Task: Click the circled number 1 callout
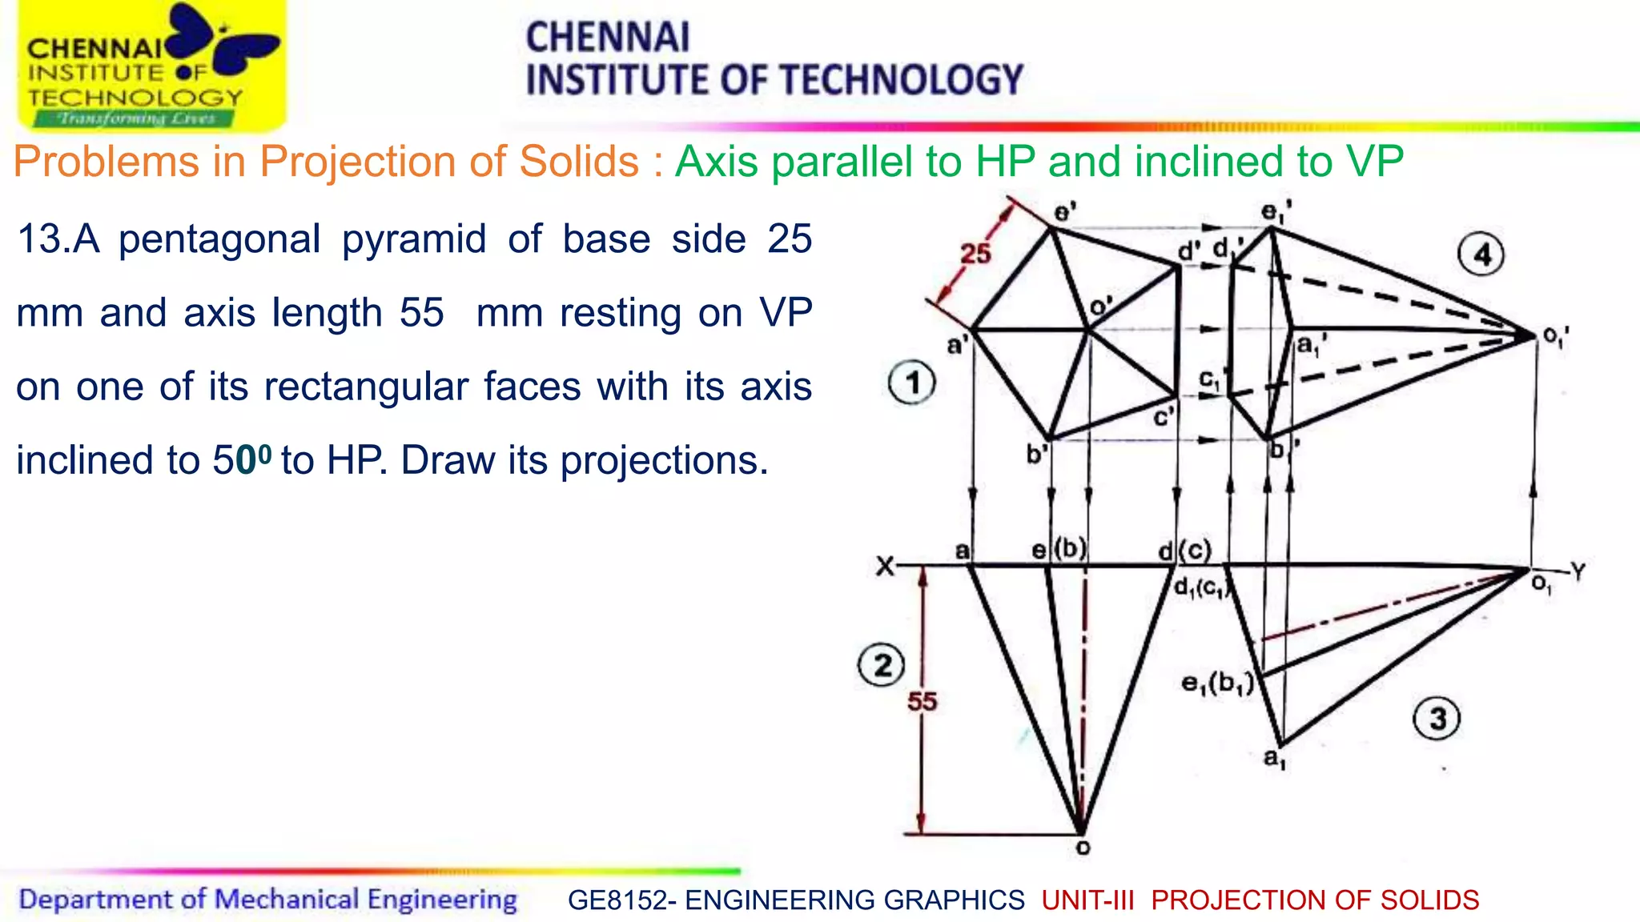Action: pyautogui.click(x=912, y=383)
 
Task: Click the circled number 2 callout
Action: pyautogui.click(x=882, y=665)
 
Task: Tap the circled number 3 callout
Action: pyautogui.click(x=1438, y=718)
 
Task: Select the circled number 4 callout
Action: pyautogui.click(x=1481, y=255)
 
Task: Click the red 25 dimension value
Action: pyautogui.click(x=975, y=254)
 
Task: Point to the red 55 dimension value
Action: pyautogui.click(x=922, y=702)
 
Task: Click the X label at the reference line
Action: pyautogui.click(x=884, y=567)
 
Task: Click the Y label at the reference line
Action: pyautogui.click(x=1578, y=571)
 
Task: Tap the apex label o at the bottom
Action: pyautogui.click(x=1083, y=848)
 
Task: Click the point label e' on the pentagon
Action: pyautogui.click(x=1065, y=212)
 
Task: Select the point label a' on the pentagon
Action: pyautogui.click(x=957, y=346)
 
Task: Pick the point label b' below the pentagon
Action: pyautogui.click(x=1037, y=455)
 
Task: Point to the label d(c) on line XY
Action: pyautogui.click(x=1185, y=551)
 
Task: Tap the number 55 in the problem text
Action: pyautogui.click(x=421, y=312)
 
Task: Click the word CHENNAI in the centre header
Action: pyautogui.click(x=607, y=38)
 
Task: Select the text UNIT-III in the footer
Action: pyautogui.click(x=1087, y=900)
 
